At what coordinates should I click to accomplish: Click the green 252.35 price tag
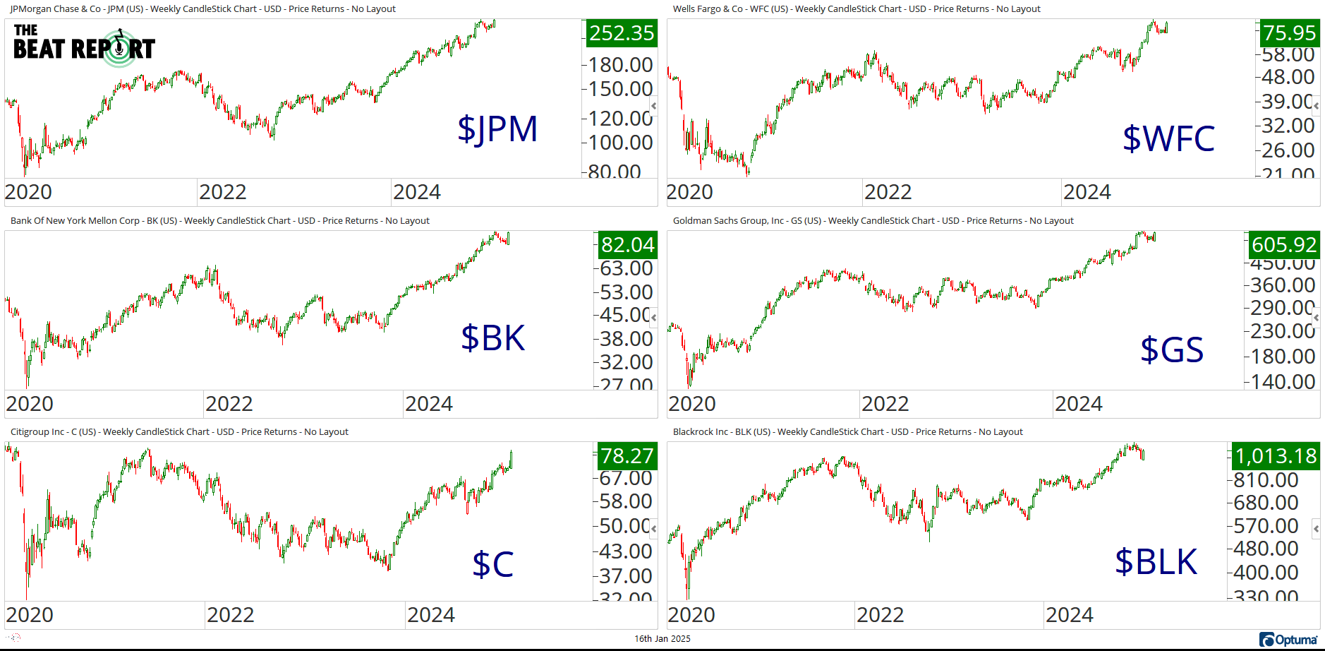pyautogui.click(x=622, y=33)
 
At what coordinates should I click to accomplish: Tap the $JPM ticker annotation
pyautogui.click(x=497, y=129)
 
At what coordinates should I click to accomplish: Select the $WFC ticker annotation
pyautogui.click(x=1168, y=138)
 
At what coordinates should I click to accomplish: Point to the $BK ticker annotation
pyautogui.click(x=492, y=338)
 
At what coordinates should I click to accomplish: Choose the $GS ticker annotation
pyautogui.click(x=1172, y=350)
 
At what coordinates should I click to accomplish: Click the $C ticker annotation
pyautogui.click(x=492, y=564)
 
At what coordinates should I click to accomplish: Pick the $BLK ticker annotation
pyautogui.click(x=1156, y=562)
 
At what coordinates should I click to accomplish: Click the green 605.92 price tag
pyautogui.click(x=1283, y=245)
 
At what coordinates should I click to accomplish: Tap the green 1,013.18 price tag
pyautogui.click(x=1276, y=456)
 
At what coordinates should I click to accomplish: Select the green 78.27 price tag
pyautogui.click(x=627, y=456)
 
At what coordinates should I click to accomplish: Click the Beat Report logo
pyautogui.click(x=84, y=45)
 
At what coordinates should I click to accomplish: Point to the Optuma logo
pyautogui.click(x=1288, y=640)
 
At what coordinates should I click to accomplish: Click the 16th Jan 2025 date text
pyautogui.click(x=662, y=639)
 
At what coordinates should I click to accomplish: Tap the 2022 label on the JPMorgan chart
pyautogui.click(x=222, y=192)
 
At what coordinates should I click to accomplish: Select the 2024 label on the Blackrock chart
pyautogui.click(x=1069, y=615)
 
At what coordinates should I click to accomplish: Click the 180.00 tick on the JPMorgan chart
pyautogui.click(x=620, y=65)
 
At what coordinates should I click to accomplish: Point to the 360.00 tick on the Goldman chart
pyautogui.click(x=1282, y=285)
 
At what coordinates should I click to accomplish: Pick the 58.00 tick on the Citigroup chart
pyautogui.click(x=625, y=501)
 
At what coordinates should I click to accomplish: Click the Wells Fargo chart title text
pyautogui.click(x=856, y=9)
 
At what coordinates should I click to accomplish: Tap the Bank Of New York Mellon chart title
pyautogui.click(x=219, y=221)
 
